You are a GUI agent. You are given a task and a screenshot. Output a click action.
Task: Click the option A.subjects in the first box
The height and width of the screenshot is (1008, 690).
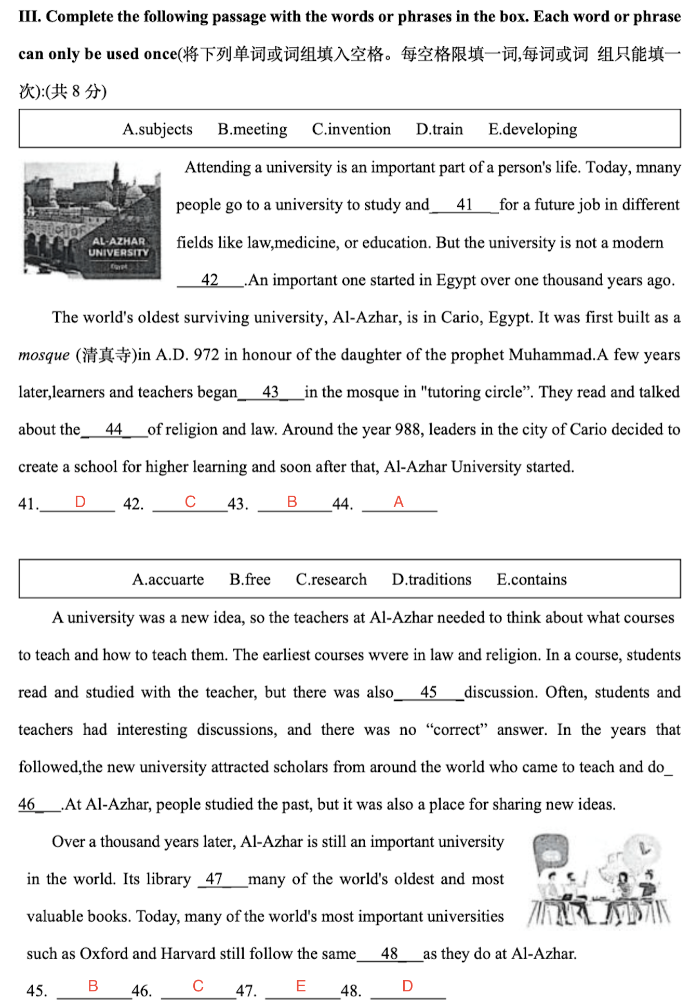(157, 129)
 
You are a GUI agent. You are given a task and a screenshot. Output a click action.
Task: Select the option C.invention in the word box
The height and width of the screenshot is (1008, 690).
(351, 129)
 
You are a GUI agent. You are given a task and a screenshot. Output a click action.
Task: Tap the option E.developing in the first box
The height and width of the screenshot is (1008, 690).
(533, 129)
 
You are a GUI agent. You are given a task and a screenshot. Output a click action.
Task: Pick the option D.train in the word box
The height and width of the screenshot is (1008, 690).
(439, 129)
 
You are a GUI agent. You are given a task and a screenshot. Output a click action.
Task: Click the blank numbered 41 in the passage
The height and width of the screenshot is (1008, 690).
(465, 205)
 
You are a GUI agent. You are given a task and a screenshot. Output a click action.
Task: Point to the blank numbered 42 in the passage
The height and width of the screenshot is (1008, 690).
(210, 280)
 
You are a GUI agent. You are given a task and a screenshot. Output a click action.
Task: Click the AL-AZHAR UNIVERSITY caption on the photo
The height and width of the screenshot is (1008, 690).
(118, 247)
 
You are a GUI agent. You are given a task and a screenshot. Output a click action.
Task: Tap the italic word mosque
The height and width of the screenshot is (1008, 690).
(44, 355)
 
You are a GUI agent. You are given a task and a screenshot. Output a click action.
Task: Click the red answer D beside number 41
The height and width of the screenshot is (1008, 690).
(80, 501)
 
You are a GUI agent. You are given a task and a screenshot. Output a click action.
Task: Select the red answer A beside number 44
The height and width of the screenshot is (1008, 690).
(399, 501)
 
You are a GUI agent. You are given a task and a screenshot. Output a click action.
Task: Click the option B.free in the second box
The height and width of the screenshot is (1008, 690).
(250, 579)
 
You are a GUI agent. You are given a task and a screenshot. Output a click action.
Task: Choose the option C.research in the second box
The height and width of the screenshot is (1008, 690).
(331, 579)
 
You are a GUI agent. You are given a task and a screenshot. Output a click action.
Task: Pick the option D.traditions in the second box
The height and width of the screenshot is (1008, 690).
(431, 579)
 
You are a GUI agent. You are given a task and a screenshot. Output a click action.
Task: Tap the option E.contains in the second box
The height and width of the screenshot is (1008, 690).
(532, 579)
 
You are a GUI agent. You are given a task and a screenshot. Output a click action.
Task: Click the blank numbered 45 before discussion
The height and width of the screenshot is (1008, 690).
(429, 692)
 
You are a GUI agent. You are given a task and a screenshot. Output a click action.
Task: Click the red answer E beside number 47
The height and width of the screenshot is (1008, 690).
(301, 986)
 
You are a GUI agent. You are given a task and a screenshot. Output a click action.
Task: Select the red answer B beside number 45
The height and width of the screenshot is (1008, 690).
(93, 986)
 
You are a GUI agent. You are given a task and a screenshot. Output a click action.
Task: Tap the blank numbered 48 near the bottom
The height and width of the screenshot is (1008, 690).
(390, 954)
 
